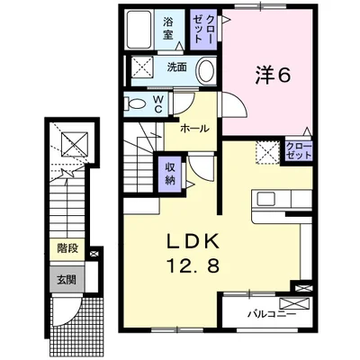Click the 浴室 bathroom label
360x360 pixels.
[168, 29]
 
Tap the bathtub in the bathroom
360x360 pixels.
[139, 30]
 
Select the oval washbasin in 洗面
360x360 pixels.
[205, 70]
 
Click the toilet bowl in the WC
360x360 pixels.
[135, 103]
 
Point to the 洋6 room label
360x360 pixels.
[273, 75]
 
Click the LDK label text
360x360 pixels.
[193, 241]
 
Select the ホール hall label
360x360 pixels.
[194, 129]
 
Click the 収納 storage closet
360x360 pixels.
[170, 174]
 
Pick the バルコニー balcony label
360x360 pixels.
[272, 315]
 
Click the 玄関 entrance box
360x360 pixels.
[67, 279]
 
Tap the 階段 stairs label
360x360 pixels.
[67, 248]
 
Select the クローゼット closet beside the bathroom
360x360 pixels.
[203, 30]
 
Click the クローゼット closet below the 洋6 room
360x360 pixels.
[299, 150]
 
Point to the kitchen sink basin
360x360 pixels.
[265, 198]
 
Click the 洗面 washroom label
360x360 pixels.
[177, 67]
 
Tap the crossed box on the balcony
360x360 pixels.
[294, 303]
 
